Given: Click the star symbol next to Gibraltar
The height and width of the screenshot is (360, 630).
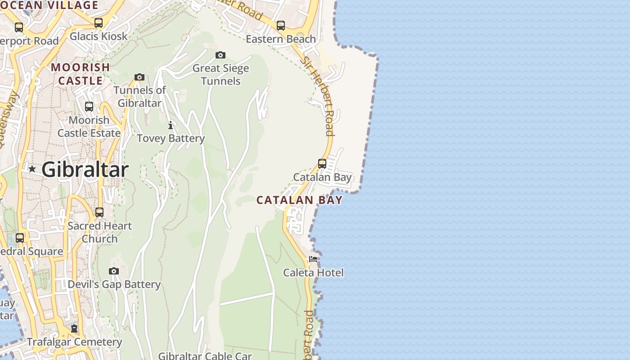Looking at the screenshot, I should point(32,169).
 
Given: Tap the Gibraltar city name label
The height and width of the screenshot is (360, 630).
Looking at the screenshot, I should point(85,170).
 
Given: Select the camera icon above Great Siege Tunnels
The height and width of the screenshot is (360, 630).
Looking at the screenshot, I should point(220,55).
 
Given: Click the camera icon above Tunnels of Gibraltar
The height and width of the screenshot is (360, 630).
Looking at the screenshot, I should point(139,77).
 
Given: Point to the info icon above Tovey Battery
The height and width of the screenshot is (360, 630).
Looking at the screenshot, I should point(171,125).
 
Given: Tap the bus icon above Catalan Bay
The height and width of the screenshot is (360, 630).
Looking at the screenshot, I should point(322,163).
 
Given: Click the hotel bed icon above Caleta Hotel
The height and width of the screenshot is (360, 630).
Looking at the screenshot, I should point(313,259).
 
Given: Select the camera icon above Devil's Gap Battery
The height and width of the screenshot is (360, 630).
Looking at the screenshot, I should point(114,271).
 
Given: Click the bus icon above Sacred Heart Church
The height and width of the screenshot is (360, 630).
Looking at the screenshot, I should point(99,212).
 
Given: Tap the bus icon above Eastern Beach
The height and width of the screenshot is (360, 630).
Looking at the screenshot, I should point(281,26).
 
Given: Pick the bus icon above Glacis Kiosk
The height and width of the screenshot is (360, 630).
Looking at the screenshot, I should point(99,23).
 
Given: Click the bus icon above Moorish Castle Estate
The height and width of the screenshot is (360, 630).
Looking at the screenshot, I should point(89,107).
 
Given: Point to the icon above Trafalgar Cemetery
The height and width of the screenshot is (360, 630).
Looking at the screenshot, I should point(74,328).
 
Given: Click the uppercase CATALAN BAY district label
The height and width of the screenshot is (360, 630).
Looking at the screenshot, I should point(300,200).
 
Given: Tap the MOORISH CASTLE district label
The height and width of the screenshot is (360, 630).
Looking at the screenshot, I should point(81,74).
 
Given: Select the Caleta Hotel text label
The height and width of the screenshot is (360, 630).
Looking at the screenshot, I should point(313,273).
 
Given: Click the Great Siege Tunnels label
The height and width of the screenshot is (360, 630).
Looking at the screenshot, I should point(220,75).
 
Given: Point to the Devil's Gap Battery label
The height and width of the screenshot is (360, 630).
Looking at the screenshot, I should point(114,284).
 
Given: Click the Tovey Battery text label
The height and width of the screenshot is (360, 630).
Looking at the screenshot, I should point(171,139).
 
